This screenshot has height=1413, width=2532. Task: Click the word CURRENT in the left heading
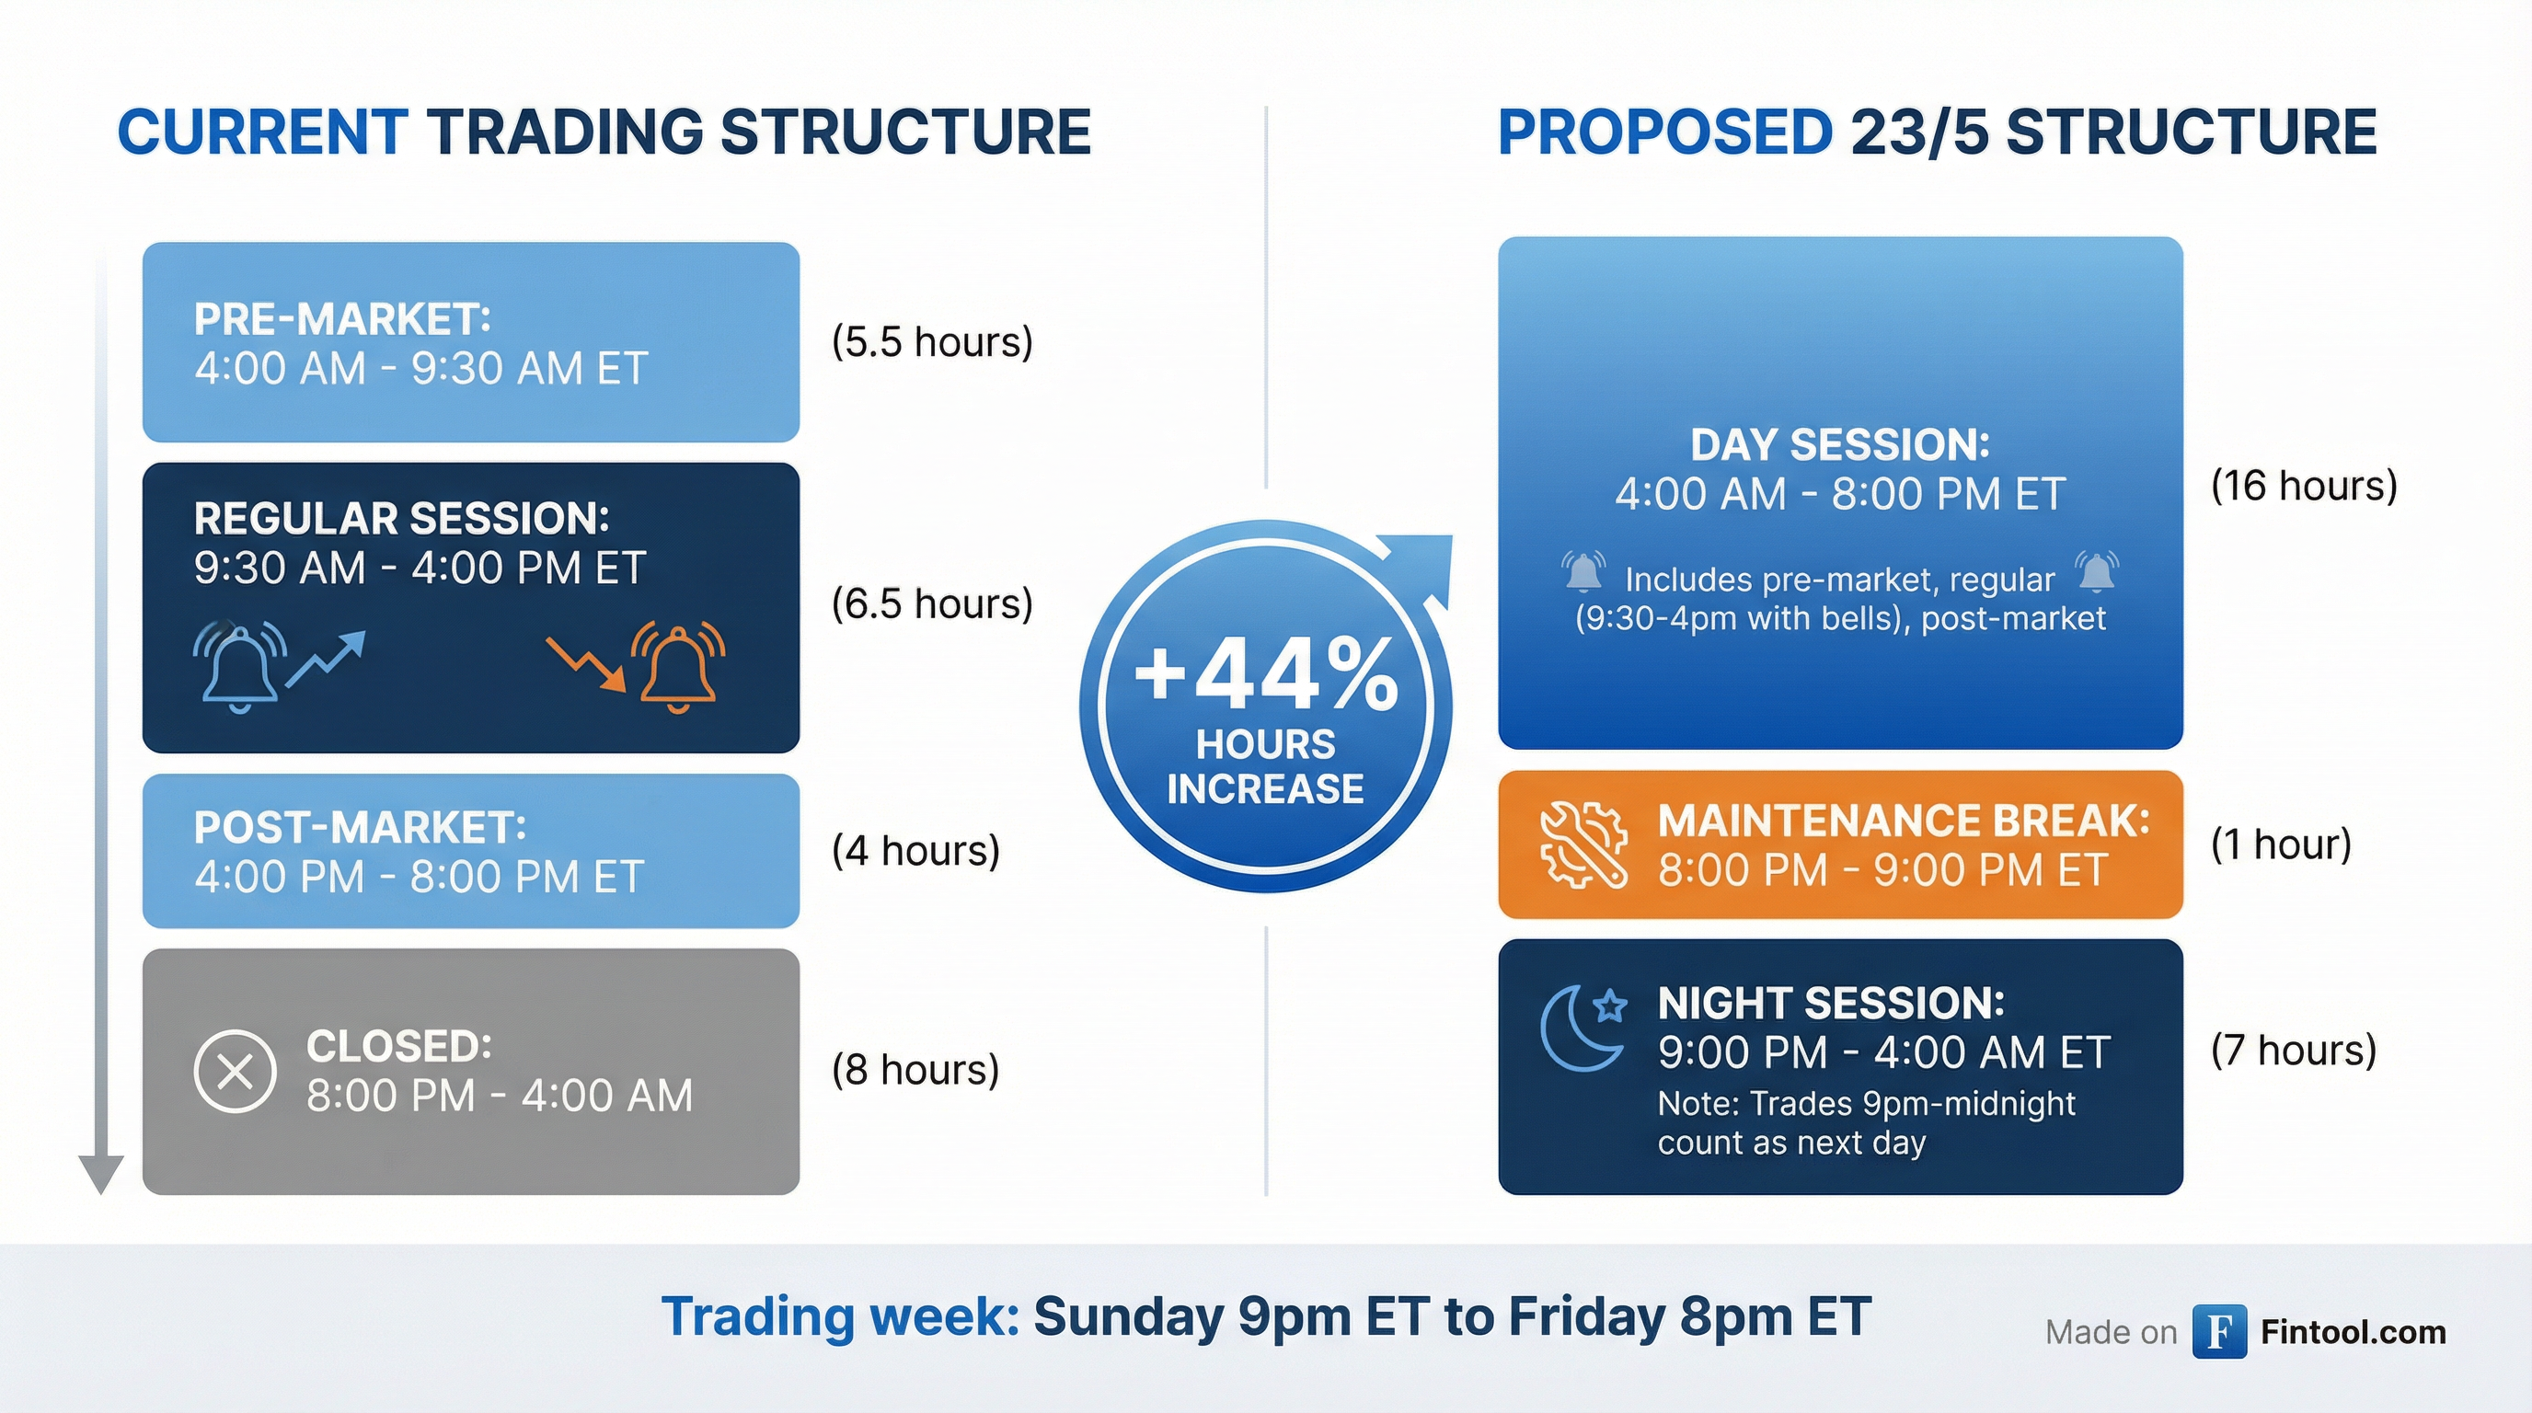click(x=262, y=132)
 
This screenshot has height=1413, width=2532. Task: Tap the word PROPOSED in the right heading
click(x=1665, y=132)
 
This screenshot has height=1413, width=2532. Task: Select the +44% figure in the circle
click(x=1266, y=674)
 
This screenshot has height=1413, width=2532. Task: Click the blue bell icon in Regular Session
click(x=240, y=666)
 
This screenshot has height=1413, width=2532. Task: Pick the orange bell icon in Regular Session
click(x=678, y=666)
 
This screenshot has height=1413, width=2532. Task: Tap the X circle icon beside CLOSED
click(x=235, y=1071)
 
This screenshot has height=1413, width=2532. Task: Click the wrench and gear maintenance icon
click(x=1582, y=844)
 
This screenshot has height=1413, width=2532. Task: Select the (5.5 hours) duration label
click(x=932, y=342)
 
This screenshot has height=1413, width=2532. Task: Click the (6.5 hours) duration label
click(x=932, y=603)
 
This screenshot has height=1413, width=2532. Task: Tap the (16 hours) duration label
click(x=2304, y=486)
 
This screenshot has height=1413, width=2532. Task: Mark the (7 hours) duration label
click(x=2293, y=1051)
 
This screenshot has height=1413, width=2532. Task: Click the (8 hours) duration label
click(x=915, y=1069)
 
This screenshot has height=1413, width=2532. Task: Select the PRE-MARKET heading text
click(x=342, y=319)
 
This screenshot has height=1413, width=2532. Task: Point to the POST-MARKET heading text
click(x=360, y=827)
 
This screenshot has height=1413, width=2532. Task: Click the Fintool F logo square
click(x=2219, y=1331)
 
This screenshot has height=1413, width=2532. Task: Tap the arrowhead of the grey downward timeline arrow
click(x=100, y=1174)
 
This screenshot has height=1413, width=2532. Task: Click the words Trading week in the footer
click(x=841, y=1316)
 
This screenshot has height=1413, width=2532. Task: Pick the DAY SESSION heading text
click(x=1840, y=445)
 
